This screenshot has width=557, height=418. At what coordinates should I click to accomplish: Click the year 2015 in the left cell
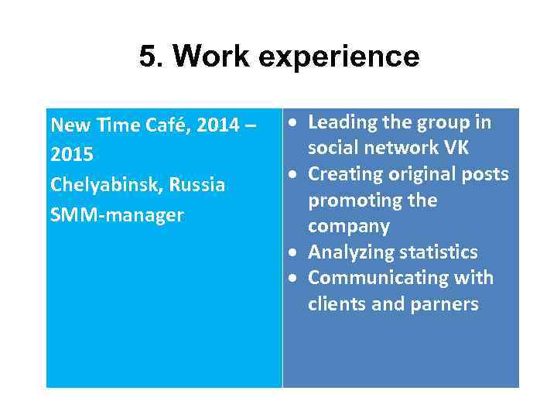coord(72,155)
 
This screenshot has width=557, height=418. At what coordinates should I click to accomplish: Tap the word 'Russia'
coord(197,185)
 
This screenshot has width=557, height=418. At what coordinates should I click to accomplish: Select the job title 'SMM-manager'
coord(117,215)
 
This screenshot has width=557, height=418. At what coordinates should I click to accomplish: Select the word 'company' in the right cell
coord(348,227)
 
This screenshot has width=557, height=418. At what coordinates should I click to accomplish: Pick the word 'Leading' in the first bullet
coord(343,123)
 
